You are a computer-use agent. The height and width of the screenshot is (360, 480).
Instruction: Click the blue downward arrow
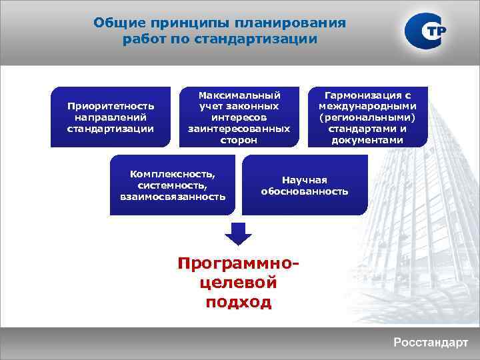click(x=239, y=233)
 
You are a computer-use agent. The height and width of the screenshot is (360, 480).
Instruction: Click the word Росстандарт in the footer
click(x=431, y=343)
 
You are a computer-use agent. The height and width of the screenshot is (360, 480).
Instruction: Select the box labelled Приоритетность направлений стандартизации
click(x=111, y=117)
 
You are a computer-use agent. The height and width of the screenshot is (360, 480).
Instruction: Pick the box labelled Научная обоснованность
click(x=305, y=185)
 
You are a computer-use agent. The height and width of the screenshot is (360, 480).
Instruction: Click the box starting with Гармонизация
click(x=368, y=117)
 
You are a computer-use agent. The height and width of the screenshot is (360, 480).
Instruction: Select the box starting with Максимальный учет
click(x=239, y=117)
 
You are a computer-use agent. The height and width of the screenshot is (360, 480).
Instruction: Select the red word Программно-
click(x=239, y=263)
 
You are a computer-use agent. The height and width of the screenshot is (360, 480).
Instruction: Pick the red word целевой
click(x=239, y=283)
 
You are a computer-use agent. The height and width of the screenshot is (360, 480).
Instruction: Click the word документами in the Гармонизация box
click(x=368, y=140)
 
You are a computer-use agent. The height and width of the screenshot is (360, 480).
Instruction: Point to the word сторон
click(x=239, y=141)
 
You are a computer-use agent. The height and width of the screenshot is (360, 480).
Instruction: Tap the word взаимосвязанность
click(x=173, y=197)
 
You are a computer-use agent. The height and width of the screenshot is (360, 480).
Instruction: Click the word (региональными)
click(x=368, y=117)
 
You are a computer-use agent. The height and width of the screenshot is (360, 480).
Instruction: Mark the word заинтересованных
click(x=239, y=129)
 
